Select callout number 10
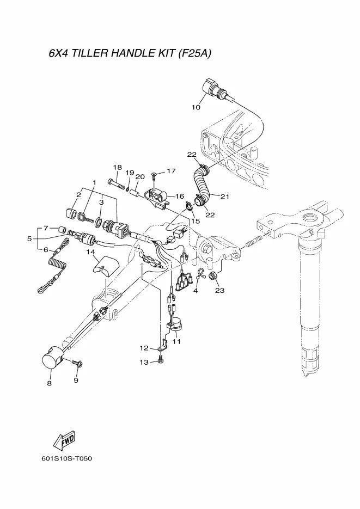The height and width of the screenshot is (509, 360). point(196,107)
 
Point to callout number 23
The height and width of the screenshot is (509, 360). point(219,290)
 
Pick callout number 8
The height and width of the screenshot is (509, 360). point(49,383)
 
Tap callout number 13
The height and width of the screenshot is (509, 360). point(144,362)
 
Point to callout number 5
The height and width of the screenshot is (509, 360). point(29,238)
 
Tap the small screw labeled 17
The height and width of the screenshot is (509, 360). point(154,175)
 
